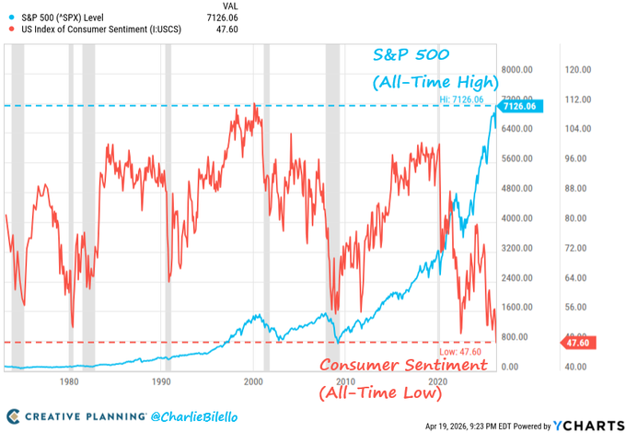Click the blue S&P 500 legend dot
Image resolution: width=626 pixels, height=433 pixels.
(12, 18)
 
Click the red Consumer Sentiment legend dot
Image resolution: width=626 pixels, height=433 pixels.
(12, 29)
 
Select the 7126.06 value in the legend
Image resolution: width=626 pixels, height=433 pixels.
(222, 18)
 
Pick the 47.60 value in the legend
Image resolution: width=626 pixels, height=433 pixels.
(227, 29)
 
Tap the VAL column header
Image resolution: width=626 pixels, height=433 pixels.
(230, 6)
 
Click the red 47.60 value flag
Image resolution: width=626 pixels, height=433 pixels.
(578, 343)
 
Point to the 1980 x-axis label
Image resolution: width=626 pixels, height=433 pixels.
(69, 381)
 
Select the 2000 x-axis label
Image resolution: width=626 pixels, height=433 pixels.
(253, 381)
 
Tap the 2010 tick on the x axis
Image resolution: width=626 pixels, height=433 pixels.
(345, 381)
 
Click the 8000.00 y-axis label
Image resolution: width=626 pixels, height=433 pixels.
(517, 70)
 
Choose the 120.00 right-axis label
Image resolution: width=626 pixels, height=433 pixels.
(578, 70)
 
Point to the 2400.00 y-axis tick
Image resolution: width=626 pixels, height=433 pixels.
(517, 277)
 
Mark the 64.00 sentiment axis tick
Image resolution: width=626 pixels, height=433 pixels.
(575, 277)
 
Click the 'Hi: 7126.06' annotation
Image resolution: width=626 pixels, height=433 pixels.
(461, 99)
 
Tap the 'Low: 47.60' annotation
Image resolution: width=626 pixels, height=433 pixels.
(460, 352)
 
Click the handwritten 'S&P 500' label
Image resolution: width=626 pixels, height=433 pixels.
(412, 54)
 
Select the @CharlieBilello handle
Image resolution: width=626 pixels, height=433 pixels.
(194, 417)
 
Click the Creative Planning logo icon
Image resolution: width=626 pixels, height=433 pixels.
(13, 416)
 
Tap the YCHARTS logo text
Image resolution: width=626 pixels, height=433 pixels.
(589, 426)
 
